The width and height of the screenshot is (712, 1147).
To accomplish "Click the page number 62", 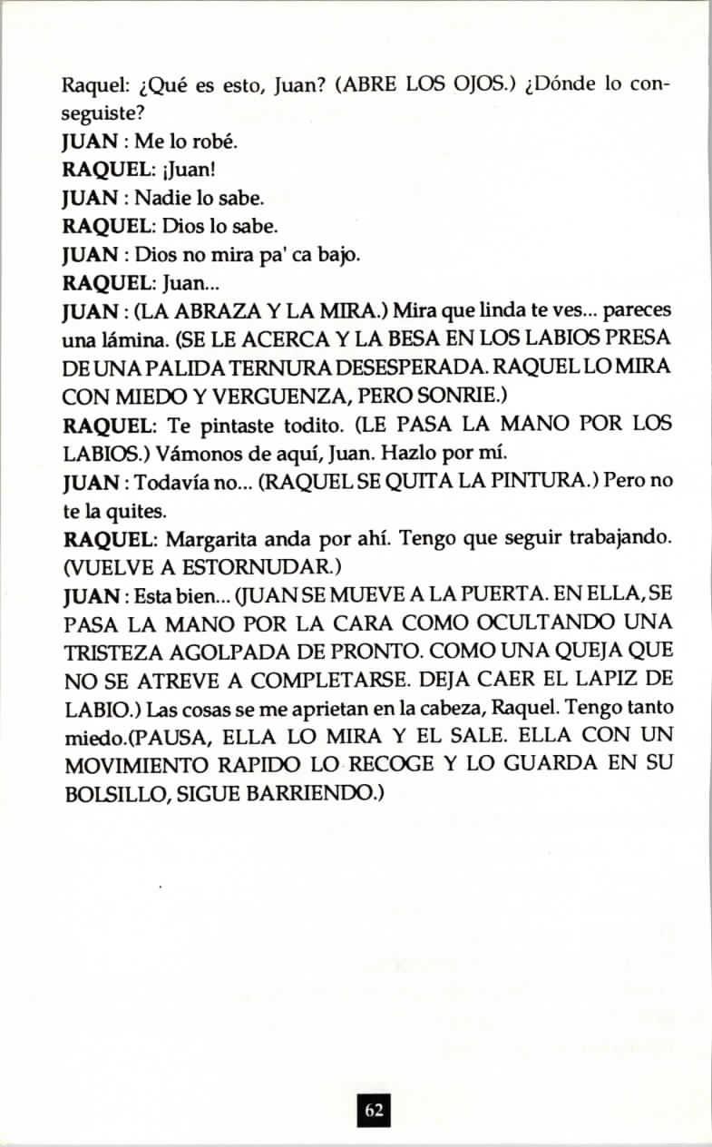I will (374, 1109).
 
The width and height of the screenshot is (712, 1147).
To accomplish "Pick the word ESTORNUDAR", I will (255, 565).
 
